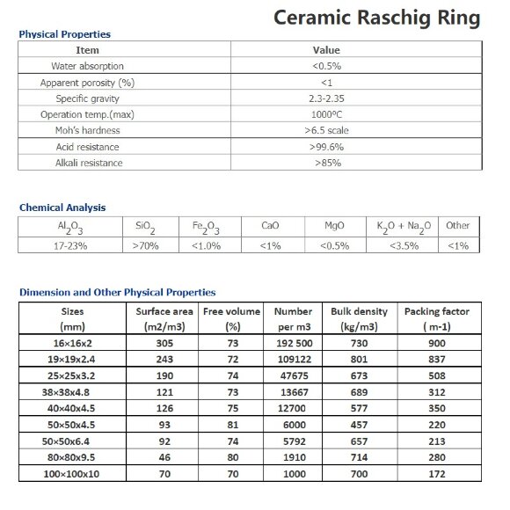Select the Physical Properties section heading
65,34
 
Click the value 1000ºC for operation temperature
326,114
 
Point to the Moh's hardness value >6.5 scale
326,130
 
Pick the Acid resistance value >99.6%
326,147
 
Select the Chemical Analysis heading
62,208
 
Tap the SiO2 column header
146,226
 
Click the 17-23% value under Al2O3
69,245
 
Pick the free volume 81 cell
233,423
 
